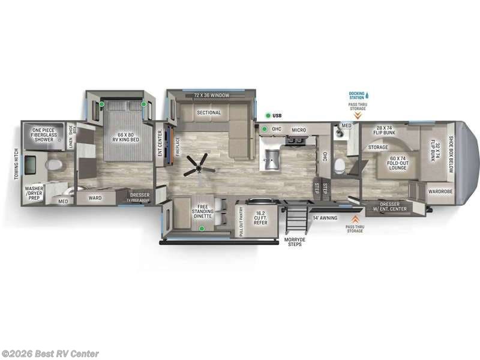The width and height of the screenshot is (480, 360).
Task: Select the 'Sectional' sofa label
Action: [x=209, y=112]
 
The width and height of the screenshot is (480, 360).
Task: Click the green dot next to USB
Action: [x=265, y=115]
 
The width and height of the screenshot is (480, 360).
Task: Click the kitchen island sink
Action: [x=272, y=160]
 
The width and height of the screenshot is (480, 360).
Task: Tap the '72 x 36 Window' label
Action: [x=209, y=96]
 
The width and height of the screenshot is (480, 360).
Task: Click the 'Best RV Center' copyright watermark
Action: [x=50, y=354]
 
